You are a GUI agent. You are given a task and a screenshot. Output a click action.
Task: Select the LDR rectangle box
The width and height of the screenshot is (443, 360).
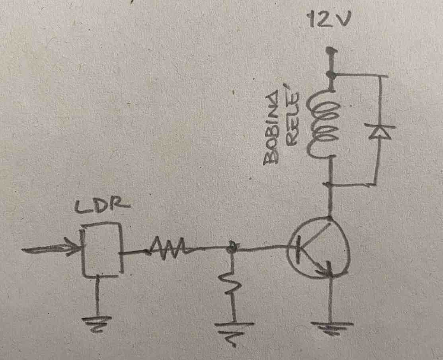[x=101, y=250]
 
